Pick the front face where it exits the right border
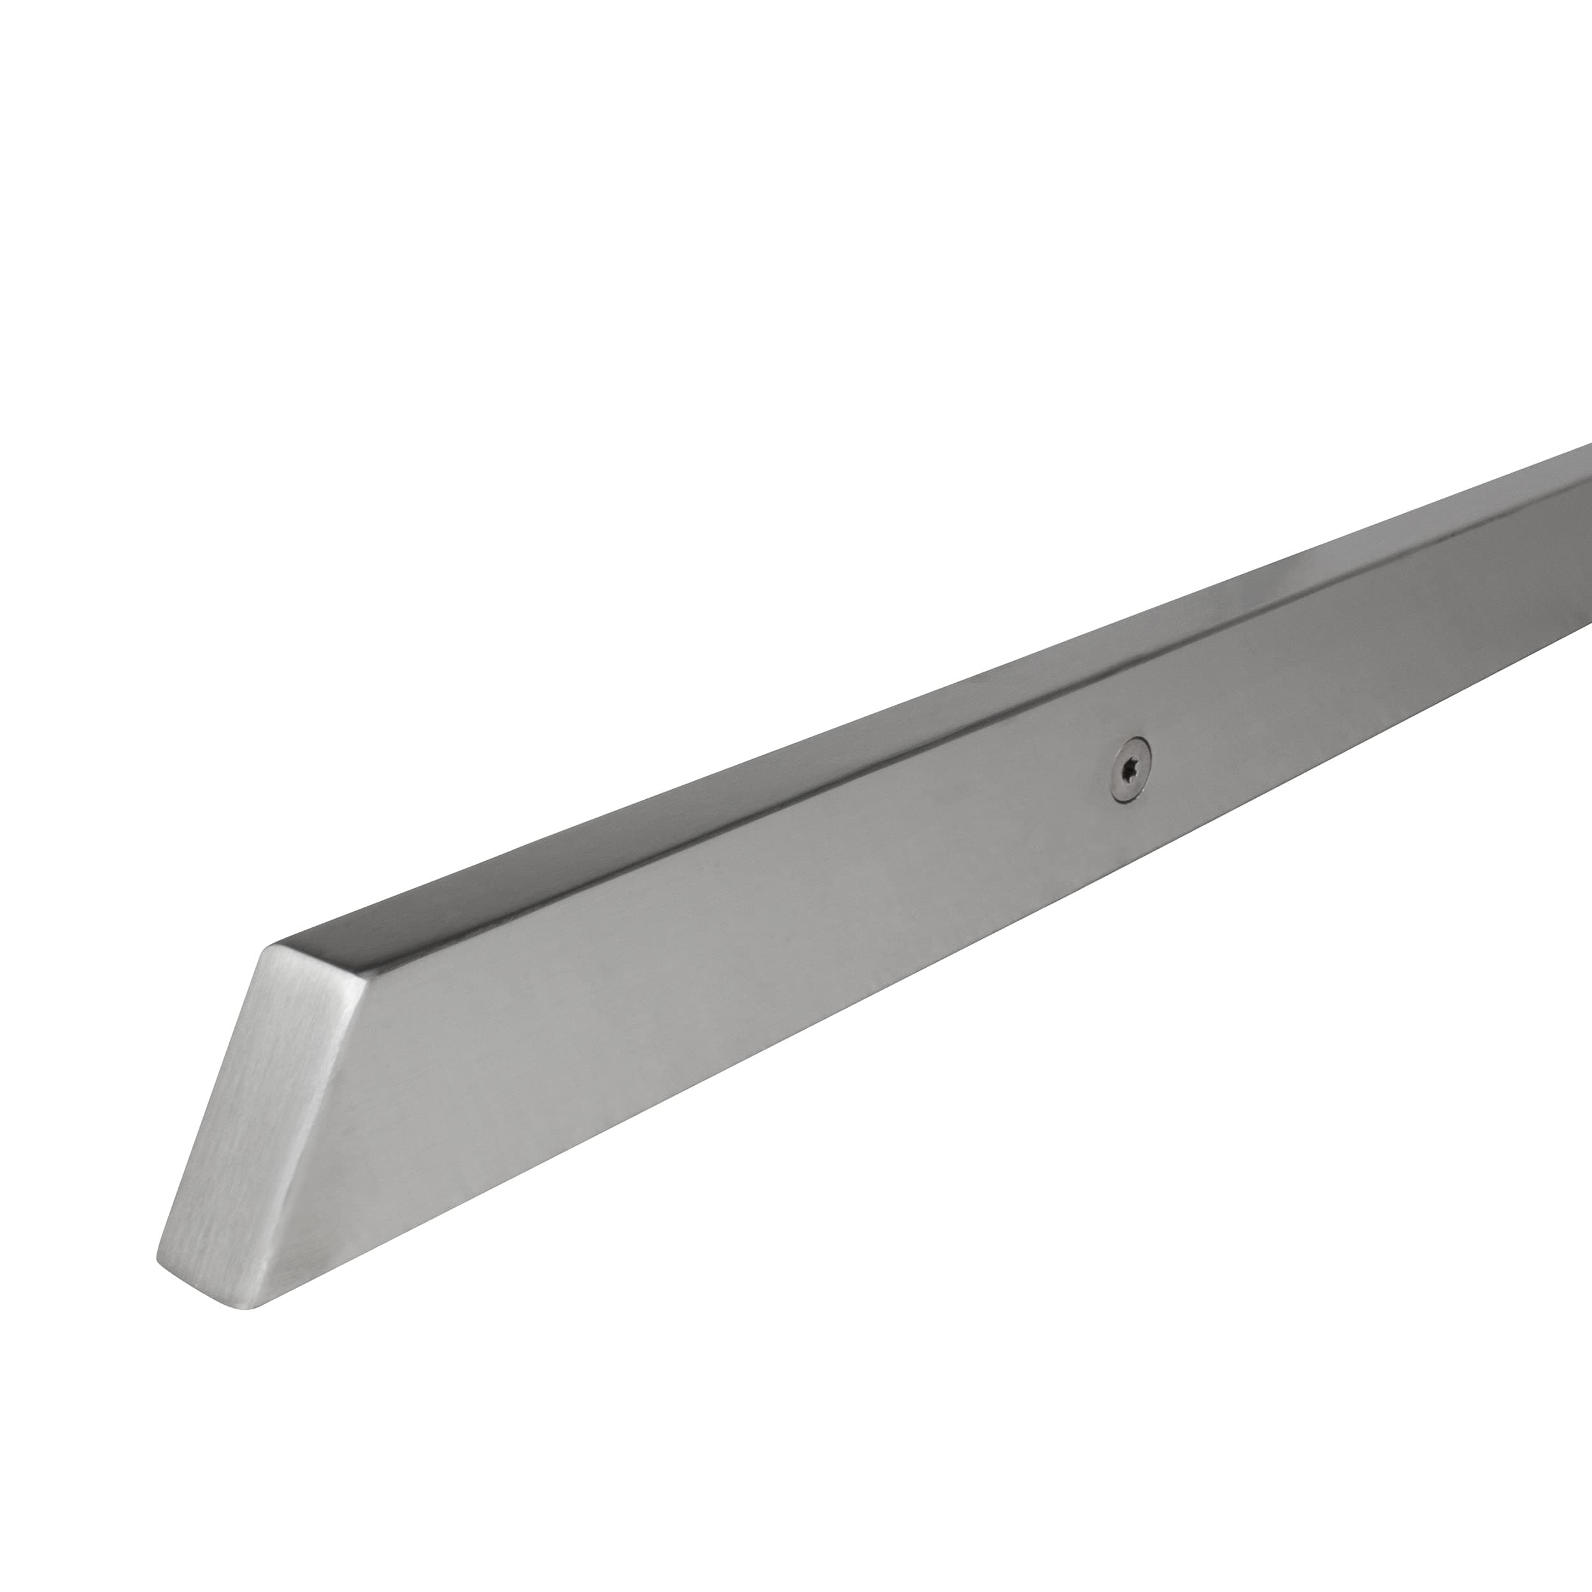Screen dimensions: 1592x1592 click(x=1578, y=577)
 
